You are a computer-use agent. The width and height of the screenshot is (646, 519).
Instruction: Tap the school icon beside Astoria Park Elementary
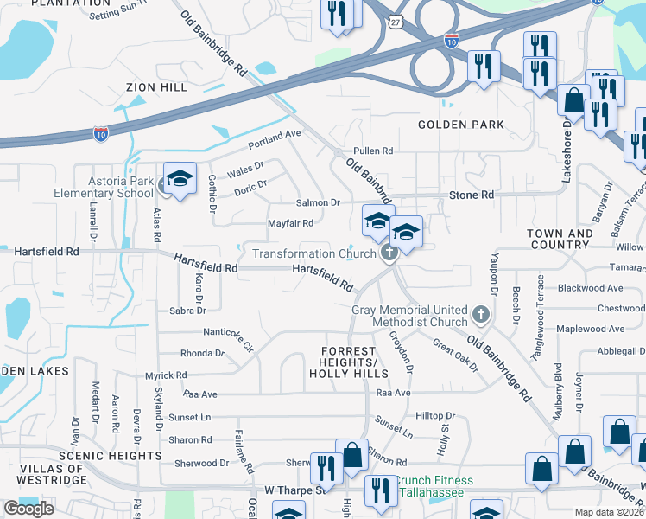[180, 179]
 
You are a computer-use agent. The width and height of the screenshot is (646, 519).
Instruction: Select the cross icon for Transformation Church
[389, 253]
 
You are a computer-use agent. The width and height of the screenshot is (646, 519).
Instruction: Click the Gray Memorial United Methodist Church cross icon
[482, 312]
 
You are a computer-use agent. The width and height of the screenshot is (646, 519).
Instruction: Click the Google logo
[28, 509]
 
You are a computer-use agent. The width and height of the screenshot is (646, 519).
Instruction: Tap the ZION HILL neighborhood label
[156, 87]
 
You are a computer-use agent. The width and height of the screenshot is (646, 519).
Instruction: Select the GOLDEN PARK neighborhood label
[460, 125]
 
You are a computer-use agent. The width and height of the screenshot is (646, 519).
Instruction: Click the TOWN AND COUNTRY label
[560, 239]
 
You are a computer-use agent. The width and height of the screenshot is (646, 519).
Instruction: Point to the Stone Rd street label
[472, 195]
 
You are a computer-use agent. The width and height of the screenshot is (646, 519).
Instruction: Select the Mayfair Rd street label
[289, 222]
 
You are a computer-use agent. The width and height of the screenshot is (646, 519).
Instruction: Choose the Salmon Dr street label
[318, 202]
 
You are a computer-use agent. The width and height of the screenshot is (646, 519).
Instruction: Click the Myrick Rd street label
[166, 375]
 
